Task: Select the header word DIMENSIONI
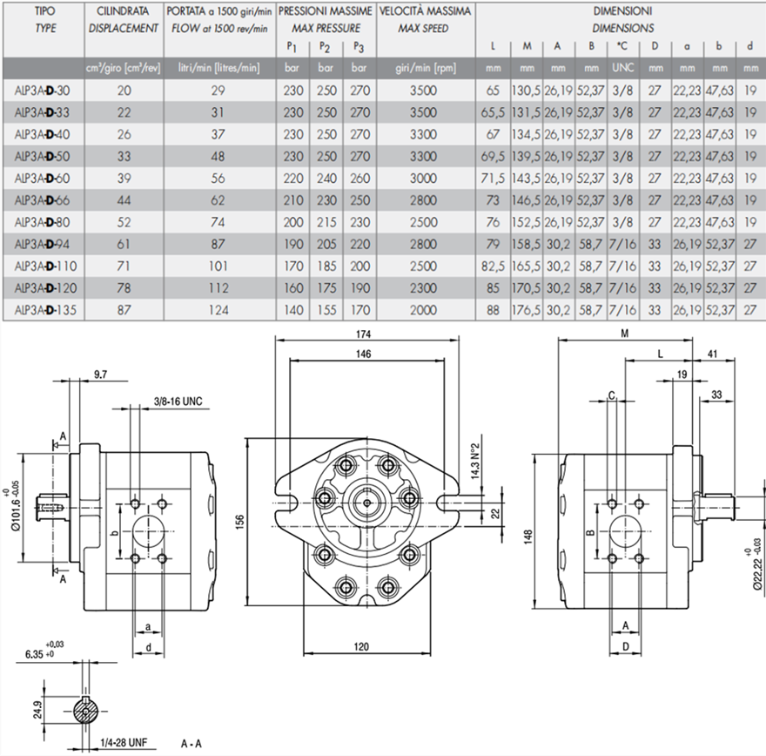(622, 11)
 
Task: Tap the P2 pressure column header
(326, 46)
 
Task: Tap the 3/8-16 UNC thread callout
(178, 402)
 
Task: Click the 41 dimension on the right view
(713, 354)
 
